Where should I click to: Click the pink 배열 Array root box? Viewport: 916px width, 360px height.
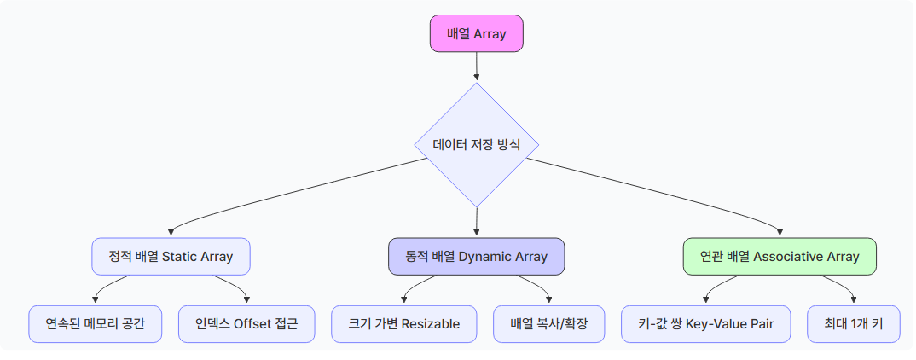[476, 33]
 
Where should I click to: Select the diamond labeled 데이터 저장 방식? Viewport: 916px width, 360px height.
[476, 145]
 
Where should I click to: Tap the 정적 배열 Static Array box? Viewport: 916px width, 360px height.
[171, 256]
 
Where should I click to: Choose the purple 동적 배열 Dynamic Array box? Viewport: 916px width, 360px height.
[476, 256]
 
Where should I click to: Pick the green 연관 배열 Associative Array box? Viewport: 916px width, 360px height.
[780, 256]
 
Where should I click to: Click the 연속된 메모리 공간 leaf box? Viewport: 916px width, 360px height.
[95, 324]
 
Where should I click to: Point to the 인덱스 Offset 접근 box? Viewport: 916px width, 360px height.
[246, 324]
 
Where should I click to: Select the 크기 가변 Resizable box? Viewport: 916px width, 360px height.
[403, 324]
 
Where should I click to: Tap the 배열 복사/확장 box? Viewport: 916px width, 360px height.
[548, 324]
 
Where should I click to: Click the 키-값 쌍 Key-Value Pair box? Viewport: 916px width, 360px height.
[705, 324]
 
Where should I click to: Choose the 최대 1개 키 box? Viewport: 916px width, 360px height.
[854, 324]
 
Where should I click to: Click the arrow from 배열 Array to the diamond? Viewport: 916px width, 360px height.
[476, 67]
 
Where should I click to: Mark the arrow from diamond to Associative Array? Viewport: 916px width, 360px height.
[654, 190]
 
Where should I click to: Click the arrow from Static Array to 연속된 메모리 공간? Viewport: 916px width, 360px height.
[108, 286]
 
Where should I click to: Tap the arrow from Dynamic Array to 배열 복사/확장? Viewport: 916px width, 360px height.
[536, 286]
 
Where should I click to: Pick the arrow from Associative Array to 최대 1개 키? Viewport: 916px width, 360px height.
[841, 286]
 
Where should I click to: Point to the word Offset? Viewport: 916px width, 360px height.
[252, 324]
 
